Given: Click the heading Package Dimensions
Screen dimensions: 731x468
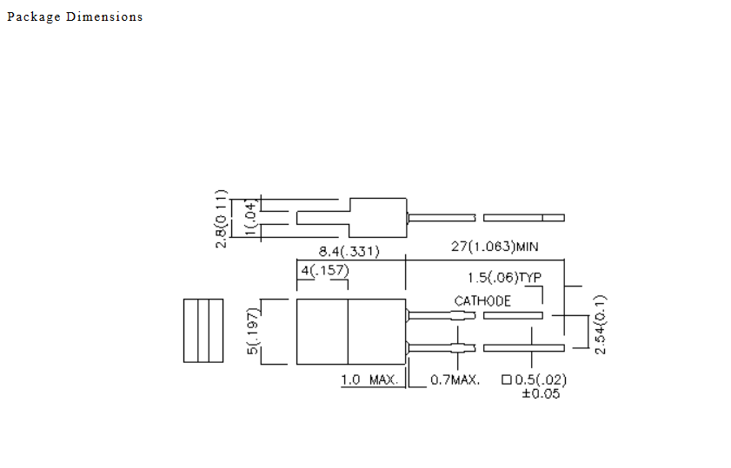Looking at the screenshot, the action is point(75,16).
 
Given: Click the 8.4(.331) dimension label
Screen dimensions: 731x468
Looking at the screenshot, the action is point(349,252).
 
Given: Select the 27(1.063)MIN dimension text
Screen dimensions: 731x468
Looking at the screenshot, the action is point(495,247).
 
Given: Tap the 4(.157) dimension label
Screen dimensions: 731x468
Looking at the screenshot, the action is point(325,271).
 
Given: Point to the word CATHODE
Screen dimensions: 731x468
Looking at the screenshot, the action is point(482,301).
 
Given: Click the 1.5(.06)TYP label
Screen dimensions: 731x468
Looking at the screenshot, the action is point(504,278).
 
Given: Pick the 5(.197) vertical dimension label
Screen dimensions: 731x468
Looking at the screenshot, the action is point(252,331).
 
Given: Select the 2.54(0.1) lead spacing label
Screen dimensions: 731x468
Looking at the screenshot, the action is point(601,325).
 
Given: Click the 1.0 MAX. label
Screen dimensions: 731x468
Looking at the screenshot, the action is point(369,380).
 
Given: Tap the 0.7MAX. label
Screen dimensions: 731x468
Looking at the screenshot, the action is point(455,380).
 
